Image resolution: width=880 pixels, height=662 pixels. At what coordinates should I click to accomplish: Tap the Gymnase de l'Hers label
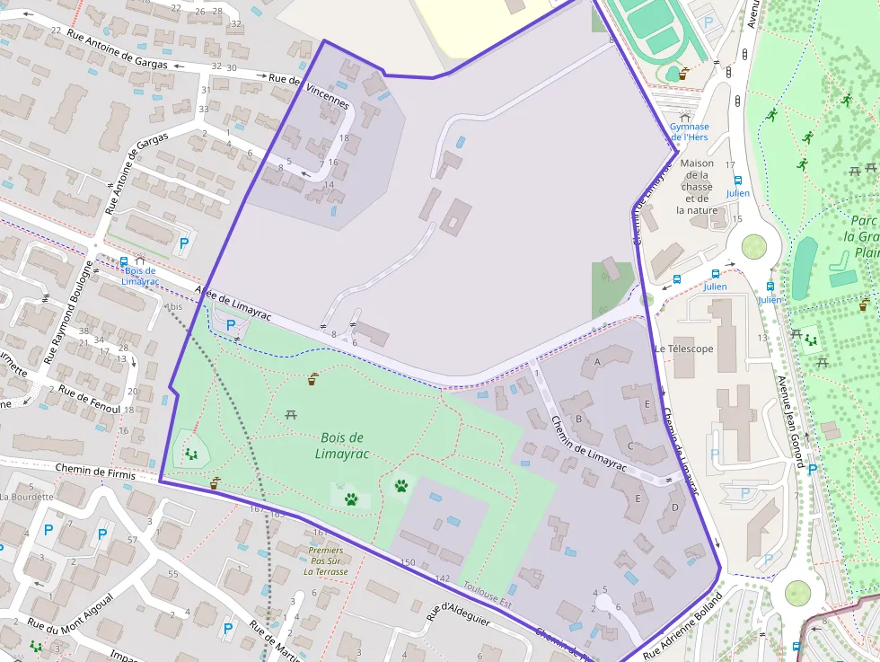click(690, 132)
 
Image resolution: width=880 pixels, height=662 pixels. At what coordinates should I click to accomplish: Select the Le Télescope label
click(684, 349)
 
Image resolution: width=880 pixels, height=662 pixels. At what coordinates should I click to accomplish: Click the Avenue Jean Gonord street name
click(791, 421)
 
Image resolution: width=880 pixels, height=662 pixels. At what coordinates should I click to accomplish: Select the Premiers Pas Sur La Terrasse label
click(325, 560)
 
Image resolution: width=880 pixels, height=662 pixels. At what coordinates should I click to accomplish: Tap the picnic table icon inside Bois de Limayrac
click(290, 414)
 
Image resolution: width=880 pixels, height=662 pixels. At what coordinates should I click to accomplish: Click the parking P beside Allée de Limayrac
click(231, 325)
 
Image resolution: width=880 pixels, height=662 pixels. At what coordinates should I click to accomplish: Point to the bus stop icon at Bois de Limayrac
click(123, 261)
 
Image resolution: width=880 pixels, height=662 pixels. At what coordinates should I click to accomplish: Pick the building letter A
click(597, 362)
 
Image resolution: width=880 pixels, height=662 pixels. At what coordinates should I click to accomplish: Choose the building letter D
click(674, 508)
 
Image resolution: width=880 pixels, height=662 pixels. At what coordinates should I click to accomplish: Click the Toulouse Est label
click(487, 595)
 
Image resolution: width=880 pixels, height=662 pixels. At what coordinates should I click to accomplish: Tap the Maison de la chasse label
click(697, 187)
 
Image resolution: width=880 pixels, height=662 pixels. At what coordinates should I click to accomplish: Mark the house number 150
click(408, 562)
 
